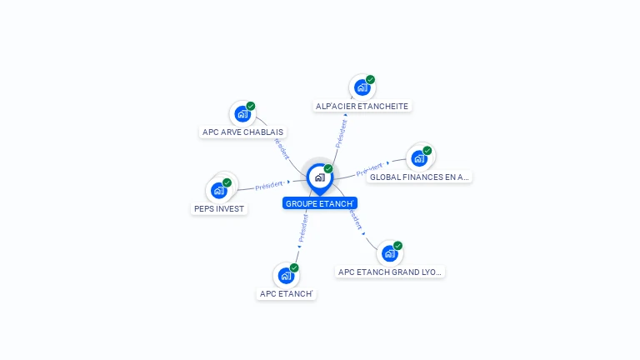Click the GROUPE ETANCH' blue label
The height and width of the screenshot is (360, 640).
pos(320,203)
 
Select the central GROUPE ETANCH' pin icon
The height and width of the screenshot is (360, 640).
pos(319,177)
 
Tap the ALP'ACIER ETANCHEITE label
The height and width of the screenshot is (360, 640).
pos(362,106)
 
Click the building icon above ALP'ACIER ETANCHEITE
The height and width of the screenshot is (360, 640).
pos(362,87)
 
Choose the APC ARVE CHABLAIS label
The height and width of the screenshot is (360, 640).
pos(243,132)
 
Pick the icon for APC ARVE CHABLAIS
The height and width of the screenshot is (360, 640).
pos(242,113)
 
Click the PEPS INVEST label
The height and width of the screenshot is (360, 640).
pos(219,208)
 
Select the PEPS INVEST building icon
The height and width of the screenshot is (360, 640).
pos(218,190)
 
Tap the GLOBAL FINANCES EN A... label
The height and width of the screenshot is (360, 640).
pos(419,177)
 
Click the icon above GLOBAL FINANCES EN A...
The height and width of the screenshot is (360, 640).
pos(418,158)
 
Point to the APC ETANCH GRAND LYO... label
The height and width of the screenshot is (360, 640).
pos(391,272)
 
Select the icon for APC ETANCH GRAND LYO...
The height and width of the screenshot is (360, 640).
pos(389,253)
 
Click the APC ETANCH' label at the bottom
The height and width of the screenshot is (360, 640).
pos(286,293)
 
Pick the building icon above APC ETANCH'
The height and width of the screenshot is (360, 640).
pos(286,275)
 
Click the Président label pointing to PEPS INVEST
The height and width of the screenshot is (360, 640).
pos(269,185)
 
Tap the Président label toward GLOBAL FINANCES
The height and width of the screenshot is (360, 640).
pos(369,169)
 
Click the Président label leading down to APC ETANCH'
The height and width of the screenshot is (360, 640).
pos(302,227)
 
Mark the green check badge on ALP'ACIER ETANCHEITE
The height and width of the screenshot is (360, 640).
pos(370,80)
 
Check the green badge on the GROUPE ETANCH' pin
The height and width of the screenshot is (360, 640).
pos(328,169)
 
